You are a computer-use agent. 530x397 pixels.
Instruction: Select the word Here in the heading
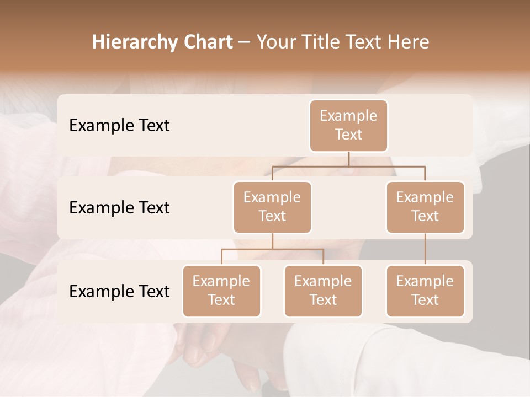408,42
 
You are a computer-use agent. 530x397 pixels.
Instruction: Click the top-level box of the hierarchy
348,125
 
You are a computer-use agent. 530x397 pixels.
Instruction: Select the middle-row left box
272,207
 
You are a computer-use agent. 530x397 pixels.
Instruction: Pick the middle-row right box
425,207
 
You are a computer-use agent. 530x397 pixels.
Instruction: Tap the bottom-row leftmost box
221,291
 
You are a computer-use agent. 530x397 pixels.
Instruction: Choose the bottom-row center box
323,291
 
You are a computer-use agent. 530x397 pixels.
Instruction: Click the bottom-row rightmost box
425,291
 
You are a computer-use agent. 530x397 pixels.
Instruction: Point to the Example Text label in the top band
119,126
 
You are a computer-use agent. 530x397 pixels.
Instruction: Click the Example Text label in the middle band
119,208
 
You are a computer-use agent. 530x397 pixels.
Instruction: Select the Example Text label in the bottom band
119,291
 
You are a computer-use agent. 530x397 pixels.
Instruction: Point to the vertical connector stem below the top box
348,159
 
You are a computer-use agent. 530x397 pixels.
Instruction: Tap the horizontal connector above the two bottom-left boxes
272,249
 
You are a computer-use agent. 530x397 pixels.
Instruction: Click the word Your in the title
274,42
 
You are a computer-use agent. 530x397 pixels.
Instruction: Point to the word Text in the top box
348,135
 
